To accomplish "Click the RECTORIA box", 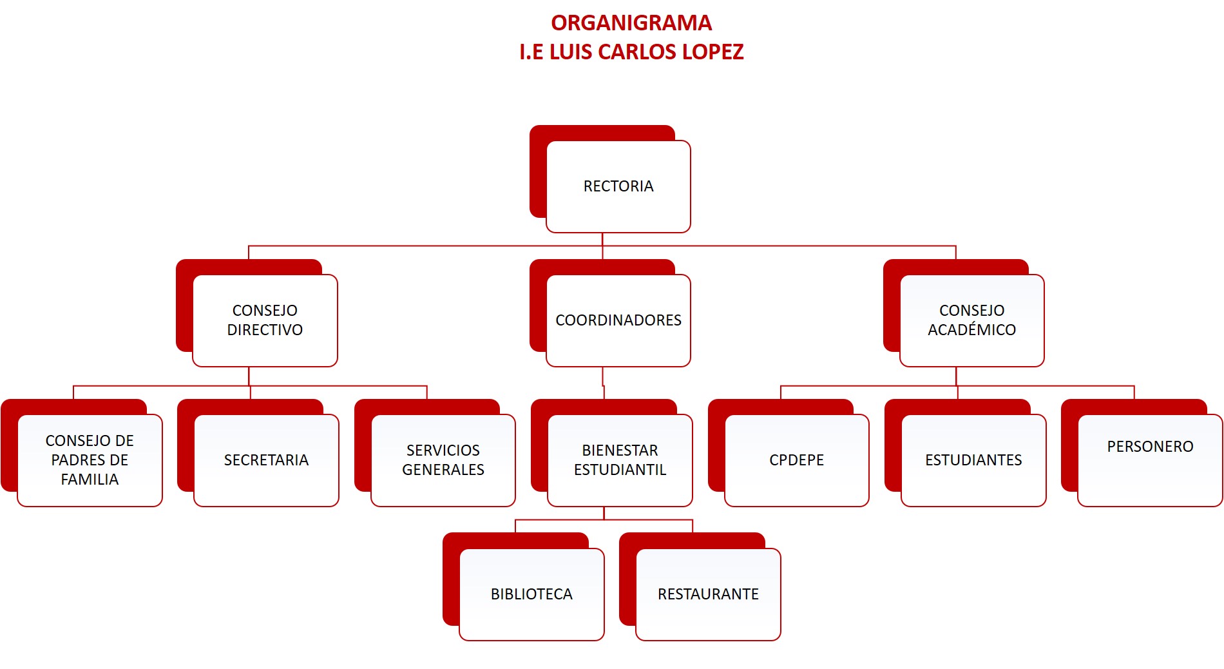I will point(618,186).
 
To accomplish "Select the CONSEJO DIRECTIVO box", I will point(265,320).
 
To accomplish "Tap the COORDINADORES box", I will point(618,320).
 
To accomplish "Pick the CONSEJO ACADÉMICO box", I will point(971,320).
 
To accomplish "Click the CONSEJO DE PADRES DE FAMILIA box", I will point(90,460).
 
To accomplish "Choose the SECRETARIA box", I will point(266,460).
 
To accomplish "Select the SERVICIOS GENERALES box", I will point(443,460).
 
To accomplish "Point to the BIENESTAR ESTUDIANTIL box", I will point(620,460).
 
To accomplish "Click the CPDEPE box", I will point(796,460).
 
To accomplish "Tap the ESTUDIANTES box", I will point(973,460).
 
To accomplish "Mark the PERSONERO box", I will point(1150,460).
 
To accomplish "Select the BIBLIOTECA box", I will point(531,594).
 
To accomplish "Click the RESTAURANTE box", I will point(708,594).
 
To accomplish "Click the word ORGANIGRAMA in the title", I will point(631,23).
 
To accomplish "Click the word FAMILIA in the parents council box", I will point(90,480).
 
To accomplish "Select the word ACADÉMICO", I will point(971,330).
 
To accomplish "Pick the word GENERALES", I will point(443,470).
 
